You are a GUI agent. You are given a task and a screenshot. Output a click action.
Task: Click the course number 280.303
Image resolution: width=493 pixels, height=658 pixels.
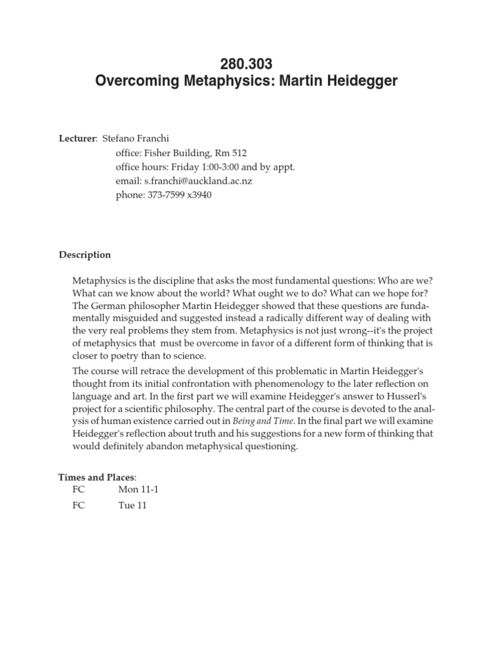pyautogui.click(x=246, y=64)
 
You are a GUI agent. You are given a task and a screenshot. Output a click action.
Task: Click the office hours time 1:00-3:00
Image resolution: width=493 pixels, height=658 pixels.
pyautogui.click(x=210, y=166)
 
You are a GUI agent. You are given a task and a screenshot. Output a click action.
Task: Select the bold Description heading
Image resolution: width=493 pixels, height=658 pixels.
pyautogui.click(x=85, y=254)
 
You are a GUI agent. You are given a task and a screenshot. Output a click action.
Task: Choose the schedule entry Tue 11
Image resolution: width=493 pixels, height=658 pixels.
pyautogui.click(x=132, y=505)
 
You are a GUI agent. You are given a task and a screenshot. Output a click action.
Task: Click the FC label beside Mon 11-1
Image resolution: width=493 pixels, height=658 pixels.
pyautogui.click(x=79, y=490)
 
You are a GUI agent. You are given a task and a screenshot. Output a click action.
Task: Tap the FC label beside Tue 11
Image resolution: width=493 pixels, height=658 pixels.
pyautogui.click(x=79, y=505)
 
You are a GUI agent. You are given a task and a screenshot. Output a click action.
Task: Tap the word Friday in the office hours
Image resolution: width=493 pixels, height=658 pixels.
pyautogui.click(x=182, y=166)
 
